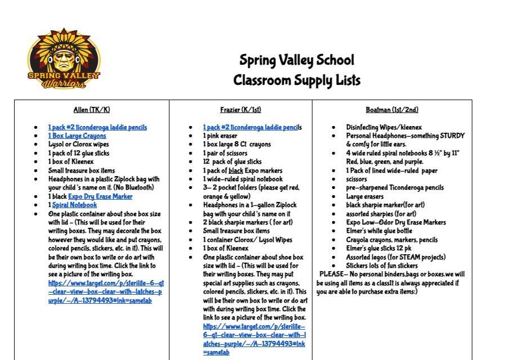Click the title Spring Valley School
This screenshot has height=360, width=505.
(x=297, y=60)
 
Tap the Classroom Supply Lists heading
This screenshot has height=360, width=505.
(x=297, y=80)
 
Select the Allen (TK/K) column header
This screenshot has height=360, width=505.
(x=92, y=110)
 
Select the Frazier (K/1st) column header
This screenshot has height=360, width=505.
(x=240, y=110)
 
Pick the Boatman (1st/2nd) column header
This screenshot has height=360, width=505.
(x=392, y=110)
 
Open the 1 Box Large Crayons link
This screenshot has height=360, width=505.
(x=77, y=136)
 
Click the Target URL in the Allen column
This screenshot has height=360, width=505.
(x=106, y=291)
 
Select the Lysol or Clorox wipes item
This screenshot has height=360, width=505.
(x=78, y=145)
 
